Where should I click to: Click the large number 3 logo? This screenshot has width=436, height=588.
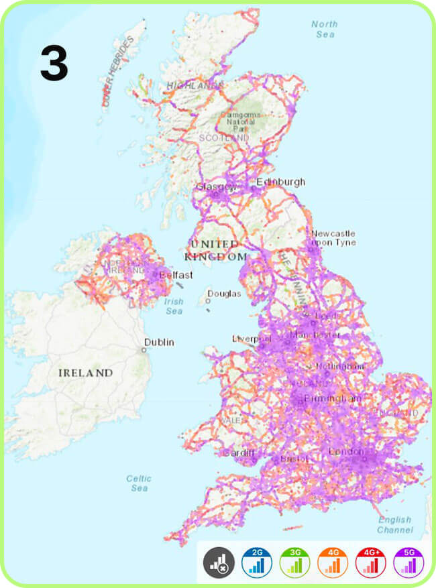(x=54, y=64)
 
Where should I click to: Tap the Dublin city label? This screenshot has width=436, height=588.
(x=161, y=342)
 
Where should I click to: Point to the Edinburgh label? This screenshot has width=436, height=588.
(x=280, y=182)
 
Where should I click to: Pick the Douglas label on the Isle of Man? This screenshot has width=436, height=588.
(x=223, y=294)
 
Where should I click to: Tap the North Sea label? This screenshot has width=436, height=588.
(x=325, y=29)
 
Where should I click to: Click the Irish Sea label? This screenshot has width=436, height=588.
(x=174, y=306)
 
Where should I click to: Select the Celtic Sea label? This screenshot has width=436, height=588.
(x=140, y=483)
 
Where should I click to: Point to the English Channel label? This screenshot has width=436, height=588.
(x=394, y=524)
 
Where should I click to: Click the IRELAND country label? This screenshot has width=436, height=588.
(x=85, y=372)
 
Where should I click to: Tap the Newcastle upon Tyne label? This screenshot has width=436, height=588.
(x=333, y=238)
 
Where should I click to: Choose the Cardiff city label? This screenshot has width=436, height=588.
(x=239, y=453)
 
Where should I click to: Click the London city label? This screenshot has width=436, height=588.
(x=346, y=452)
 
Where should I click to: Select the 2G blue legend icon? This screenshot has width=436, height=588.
(x=257, y=562)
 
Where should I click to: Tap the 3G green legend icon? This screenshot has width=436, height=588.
(x=294, y=562)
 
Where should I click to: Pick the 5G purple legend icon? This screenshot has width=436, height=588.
(x=408, y=562)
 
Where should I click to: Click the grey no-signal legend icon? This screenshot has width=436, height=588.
(x=219, y=562)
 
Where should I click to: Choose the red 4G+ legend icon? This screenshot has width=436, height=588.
(x=370, y=562)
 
